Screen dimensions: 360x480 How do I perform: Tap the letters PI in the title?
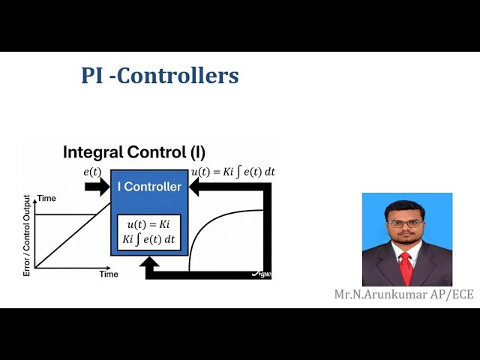pyautogui.click(x=93, y=76)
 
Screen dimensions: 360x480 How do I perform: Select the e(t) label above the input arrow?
pyautogui.click(x=93, y=172)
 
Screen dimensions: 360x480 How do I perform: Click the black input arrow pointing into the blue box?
pyautogui.click(x=97, y=187)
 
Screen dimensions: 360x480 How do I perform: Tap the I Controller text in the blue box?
pyautogui.click(x=149, y=187)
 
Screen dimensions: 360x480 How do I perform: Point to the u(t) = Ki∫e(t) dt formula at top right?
pyautogui.click(x=233, y=172)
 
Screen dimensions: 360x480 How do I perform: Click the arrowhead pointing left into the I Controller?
pyautogui.click(x=195, y=187)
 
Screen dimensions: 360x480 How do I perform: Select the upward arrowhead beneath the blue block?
pyautogui.click(x=149, y=263)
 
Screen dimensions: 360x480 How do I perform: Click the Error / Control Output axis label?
pyautogui.click(x=27, y=235)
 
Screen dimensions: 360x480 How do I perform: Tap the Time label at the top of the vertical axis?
pyautogui.click(x=47, y=199)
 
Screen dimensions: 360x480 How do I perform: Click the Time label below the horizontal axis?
pyautogui.click(x=109, y=274)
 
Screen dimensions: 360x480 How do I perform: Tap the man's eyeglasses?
pyautogui.click(x=405, y=223)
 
